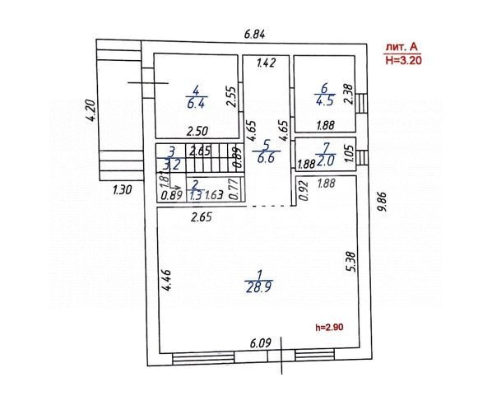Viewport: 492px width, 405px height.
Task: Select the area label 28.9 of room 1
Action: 258,286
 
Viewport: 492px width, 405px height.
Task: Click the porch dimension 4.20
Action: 91,110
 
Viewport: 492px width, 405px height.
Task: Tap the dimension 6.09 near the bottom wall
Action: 261,342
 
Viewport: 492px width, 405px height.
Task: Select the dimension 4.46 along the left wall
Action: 167,282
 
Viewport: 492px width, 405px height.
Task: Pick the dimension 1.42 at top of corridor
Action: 267,63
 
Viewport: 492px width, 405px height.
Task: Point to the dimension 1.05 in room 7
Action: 348,153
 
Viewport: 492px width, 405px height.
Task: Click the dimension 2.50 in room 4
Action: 196,129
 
